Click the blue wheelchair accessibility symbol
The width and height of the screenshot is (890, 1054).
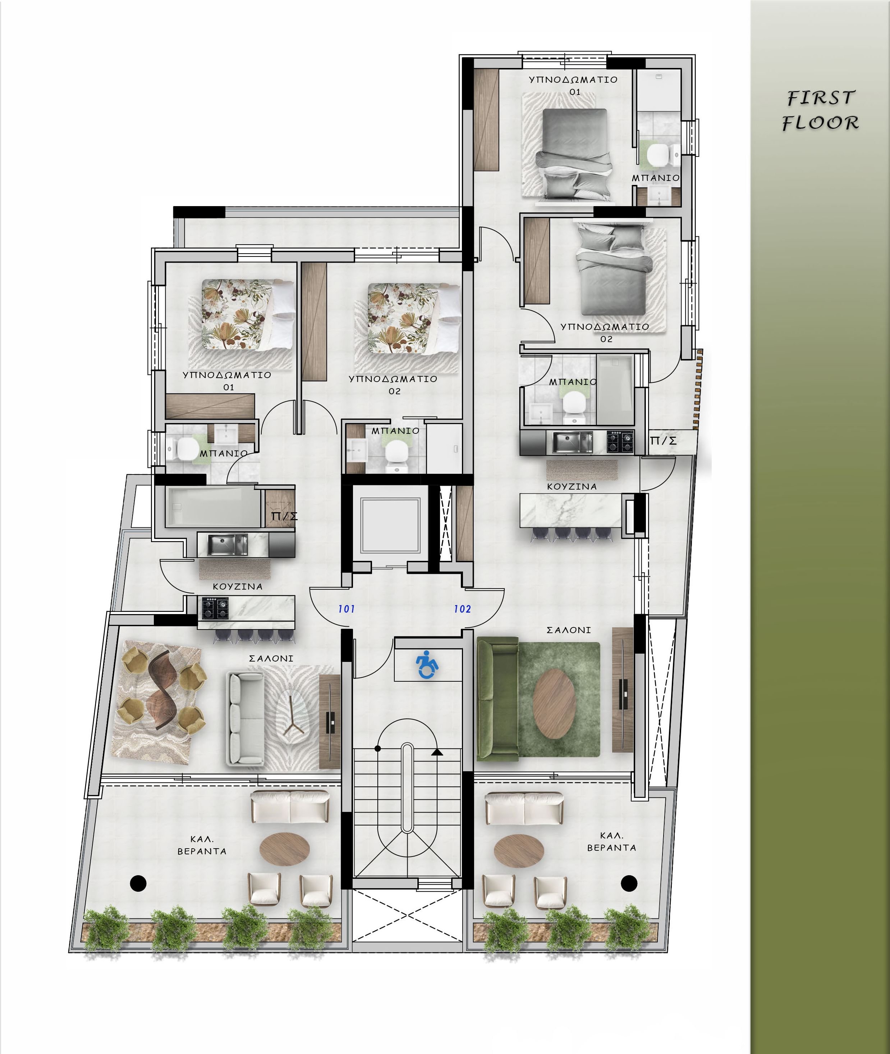427,665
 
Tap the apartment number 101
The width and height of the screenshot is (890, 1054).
347,609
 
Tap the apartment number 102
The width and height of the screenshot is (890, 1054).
462,609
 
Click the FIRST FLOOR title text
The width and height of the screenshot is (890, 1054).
820,110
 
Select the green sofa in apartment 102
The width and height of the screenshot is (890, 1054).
497,699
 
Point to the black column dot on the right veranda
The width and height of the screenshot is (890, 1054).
629,883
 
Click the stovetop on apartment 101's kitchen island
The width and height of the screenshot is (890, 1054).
215,608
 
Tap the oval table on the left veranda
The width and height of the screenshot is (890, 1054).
285,849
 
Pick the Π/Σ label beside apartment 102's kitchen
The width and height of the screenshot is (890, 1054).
664,441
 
